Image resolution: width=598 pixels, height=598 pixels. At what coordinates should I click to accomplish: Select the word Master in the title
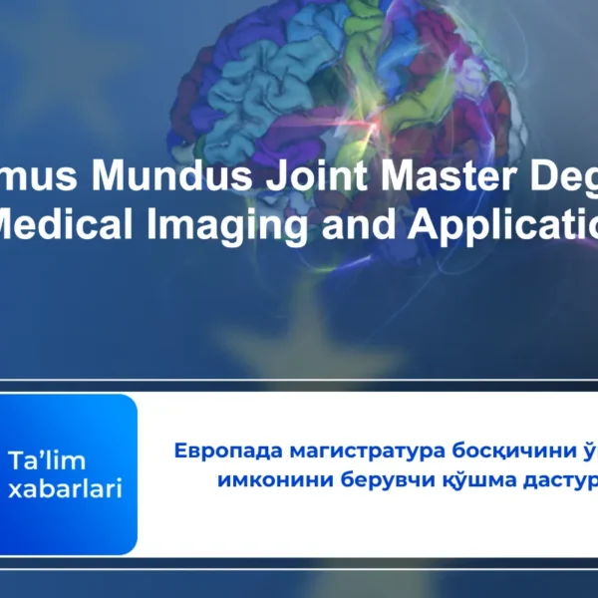442,177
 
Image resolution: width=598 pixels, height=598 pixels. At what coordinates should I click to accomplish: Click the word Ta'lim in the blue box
48,461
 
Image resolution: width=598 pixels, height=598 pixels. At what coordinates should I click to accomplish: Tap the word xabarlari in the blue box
66,489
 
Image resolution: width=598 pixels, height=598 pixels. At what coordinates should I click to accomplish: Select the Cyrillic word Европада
217,449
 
